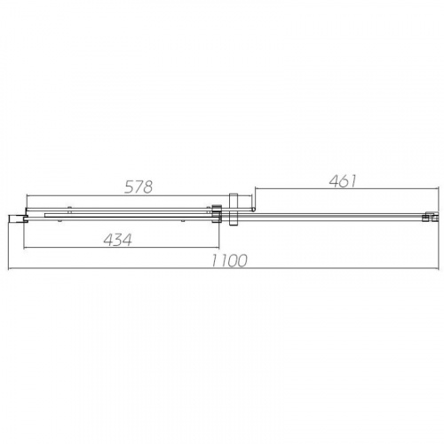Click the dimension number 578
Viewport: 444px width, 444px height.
coord(139,187)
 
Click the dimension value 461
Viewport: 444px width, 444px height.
coord(343,181)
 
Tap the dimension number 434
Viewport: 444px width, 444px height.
coord(117,240)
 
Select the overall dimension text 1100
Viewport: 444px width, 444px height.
coord(228,261)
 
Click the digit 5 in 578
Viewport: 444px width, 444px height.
coord(129,187)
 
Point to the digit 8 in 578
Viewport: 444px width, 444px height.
coord(147,187)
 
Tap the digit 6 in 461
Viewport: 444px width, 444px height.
coord(344,181)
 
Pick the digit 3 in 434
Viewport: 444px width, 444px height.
coord(118,240)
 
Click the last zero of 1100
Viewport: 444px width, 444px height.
coord(242,261)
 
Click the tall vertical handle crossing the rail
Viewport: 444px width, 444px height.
coord(234,210)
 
